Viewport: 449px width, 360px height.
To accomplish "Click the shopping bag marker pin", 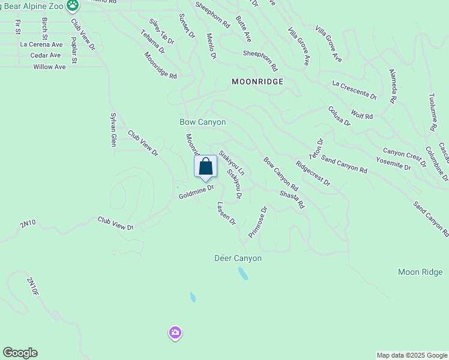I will (205, 167).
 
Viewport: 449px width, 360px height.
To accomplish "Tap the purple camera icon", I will (175, 333).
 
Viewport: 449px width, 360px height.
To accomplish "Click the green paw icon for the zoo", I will (73, 6).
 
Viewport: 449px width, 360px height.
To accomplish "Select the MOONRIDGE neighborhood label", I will (258, 81).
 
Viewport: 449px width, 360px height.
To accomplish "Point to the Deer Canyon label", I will (238, 259).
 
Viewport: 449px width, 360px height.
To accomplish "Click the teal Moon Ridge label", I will (420, 272).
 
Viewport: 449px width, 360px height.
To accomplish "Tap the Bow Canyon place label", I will (203, 122).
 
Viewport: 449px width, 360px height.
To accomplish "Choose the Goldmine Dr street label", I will (196, 192).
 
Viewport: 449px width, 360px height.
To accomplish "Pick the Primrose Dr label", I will (257, 222).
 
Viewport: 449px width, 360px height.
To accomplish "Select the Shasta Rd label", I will (292, 200).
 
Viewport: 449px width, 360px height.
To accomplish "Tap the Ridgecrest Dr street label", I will (313, 173).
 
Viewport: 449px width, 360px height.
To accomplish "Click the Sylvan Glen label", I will (112, 129).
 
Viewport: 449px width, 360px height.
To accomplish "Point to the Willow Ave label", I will (50, 67).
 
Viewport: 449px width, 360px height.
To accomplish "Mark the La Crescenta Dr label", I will (354, 91).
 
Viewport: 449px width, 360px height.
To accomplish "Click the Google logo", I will (20, 353).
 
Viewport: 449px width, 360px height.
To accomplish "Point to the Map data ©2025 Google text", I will (412, 355).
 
